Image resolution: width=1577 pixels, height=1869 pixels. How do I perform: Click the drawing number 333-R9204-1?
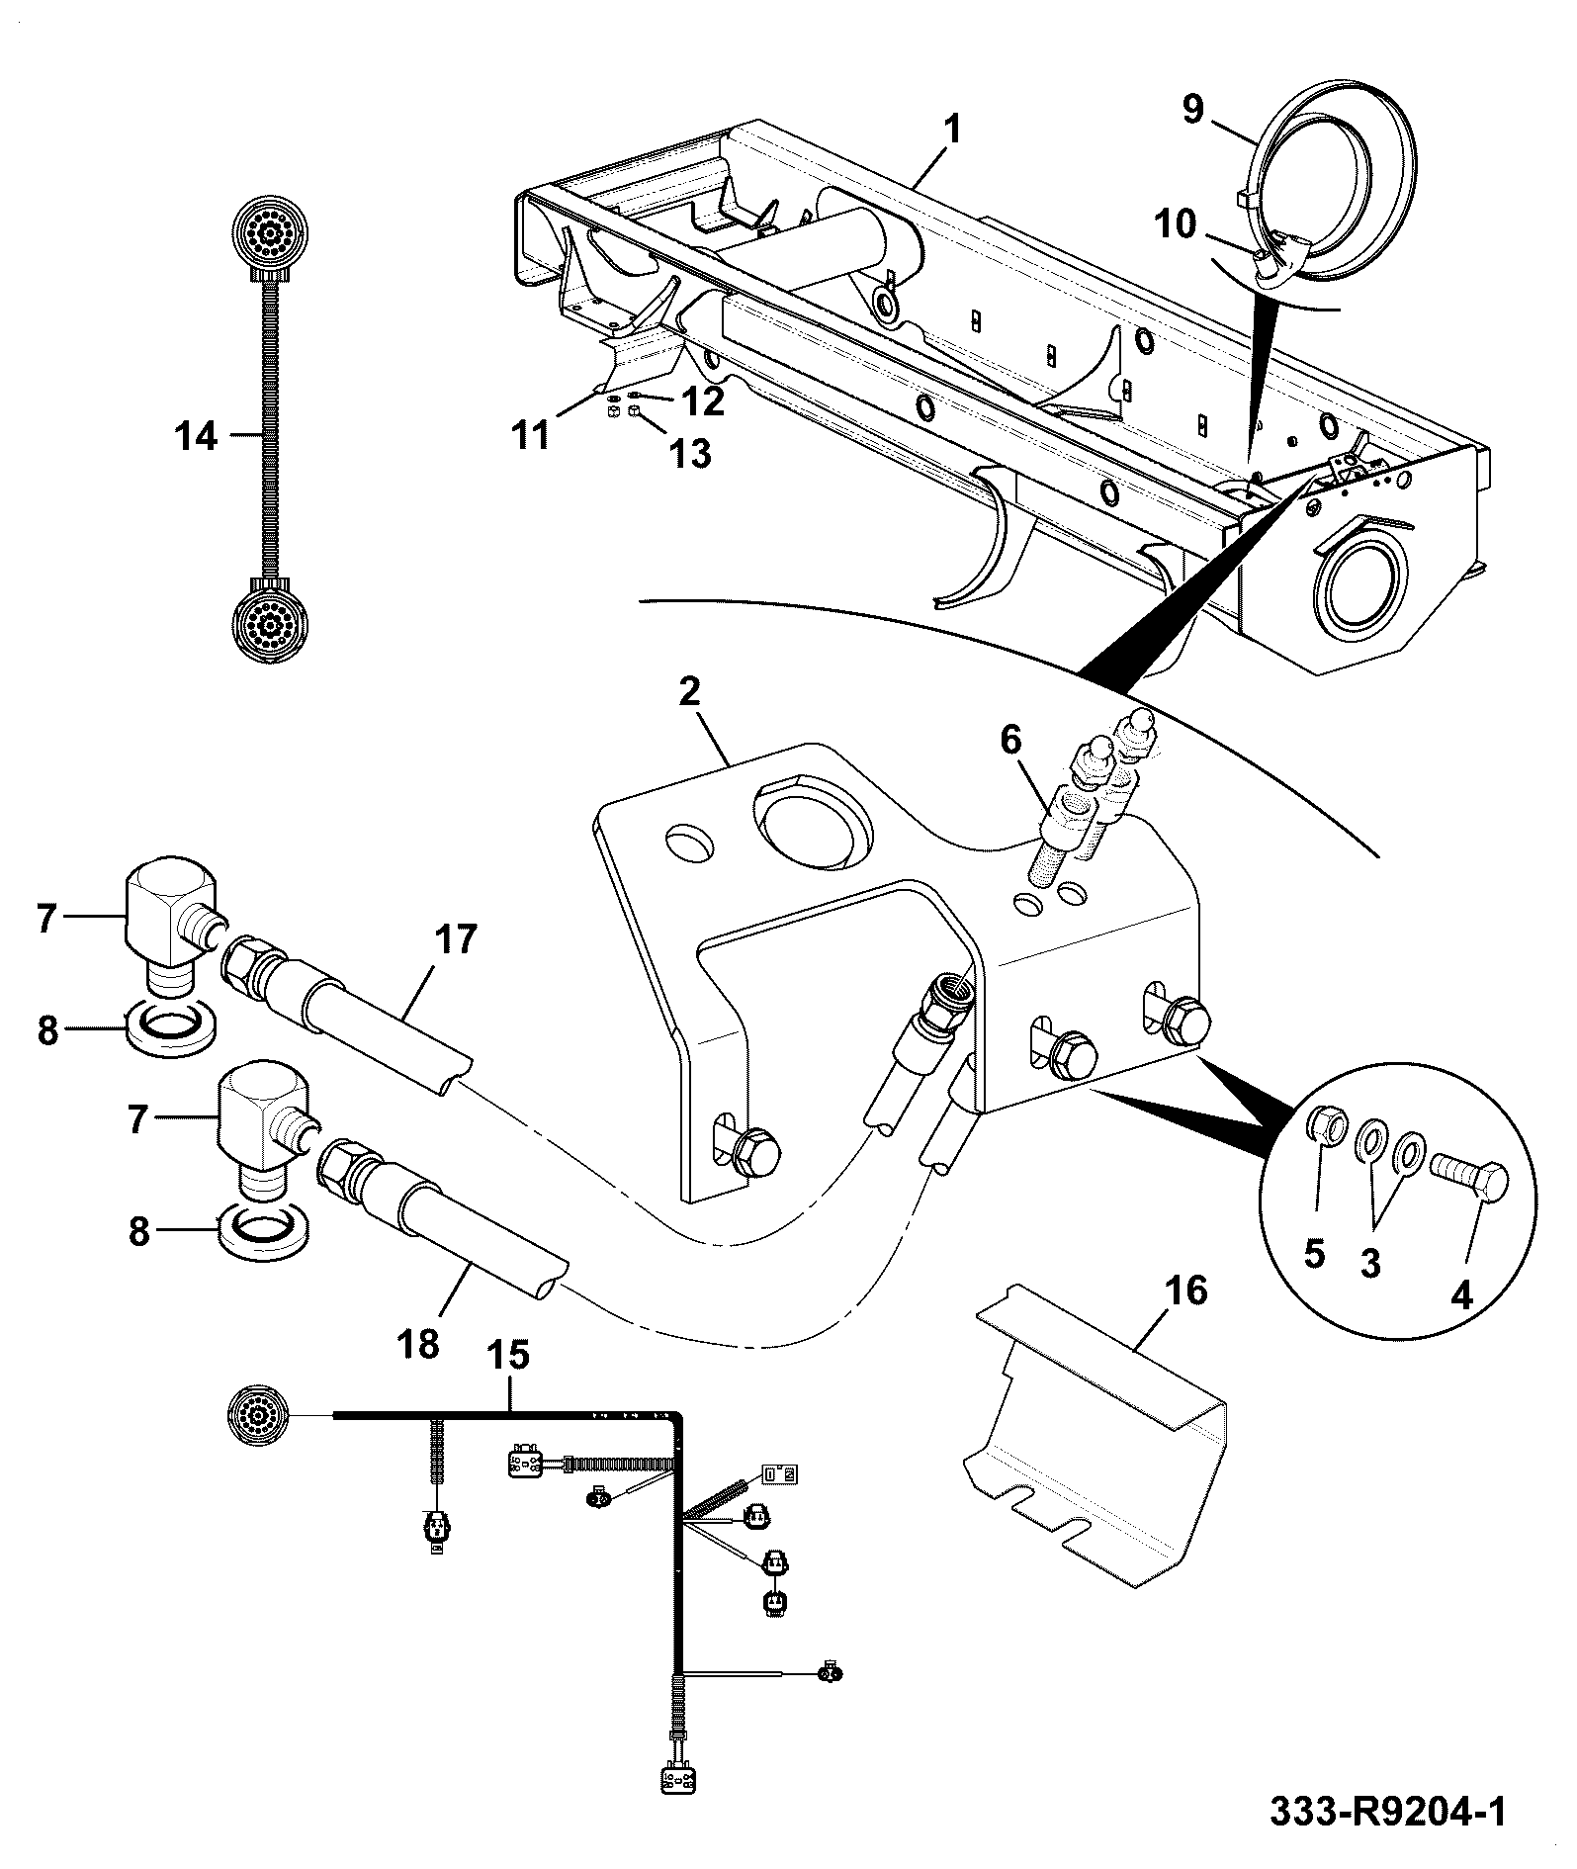click(1388, 1814)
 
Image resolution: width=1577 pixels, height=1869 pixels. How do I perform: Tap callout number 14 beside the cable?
click(197, 436)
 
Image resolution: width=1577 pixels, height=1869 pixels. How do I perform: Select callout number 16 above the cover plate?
click(1187, 1290)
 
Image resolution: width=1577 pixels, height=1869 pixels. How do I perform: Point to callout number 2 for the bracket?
click(689, 691)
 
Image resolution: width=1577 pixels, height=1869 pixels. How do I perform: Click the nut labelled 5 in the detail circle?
click(1325, 1123)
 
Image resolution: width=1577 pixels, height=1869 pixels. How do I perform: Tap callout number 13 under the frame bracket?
click(690, 454)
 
